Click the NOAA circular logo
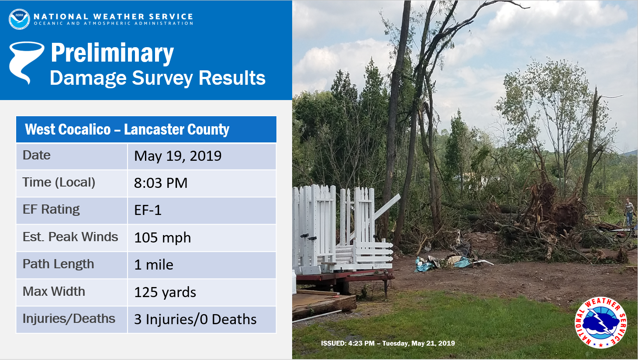[19, 19]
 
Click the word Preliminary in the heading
[112, 53]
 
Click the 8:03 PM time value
[161, 183]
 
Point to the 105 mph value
[162, 237]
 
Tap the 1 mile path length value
[154, 265]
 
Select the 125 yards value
[165, 292]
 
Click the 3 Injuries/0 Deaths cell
[195, 319]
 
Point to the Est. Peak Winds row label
[70, 237]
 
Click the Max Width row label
[54, 291]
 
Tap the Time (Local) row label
[59, 183]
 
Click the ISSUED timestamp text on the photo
[388, 343]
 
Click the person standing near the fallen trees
[629, 212]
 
